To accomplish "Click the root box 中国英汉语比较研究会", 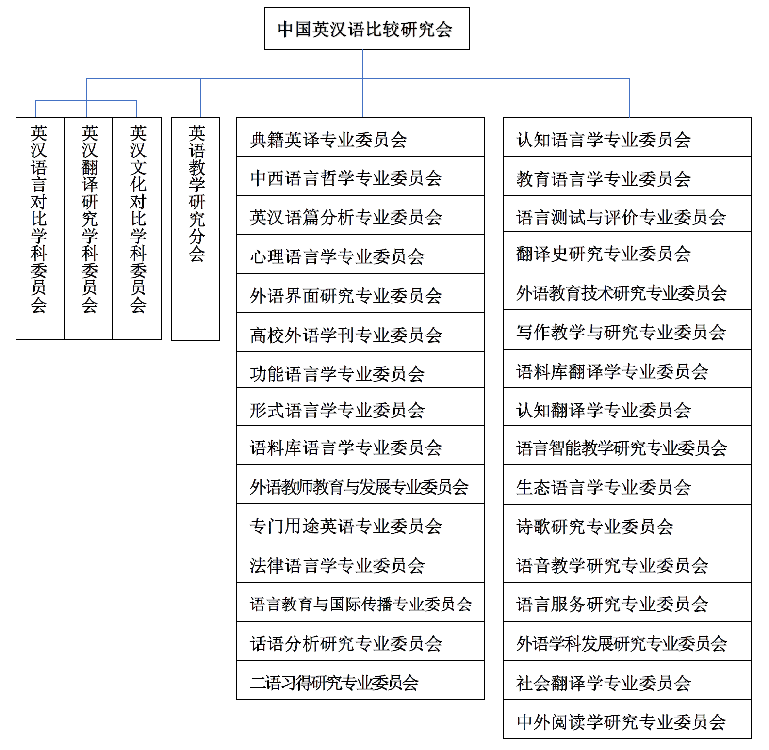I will [366, 29].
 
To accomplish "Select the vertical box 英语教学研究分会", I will [196, 228].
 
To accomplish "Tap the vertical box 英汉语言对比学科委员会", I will [40, 228].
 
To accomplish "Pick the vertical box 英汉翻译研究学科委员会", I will [88, 228].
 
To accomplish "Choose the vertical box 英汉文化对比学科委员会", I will [137, 228].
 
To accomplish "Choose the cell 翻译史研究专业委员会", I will [626, 252].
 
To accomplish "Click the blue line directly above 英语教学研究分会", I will [200, 97].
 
